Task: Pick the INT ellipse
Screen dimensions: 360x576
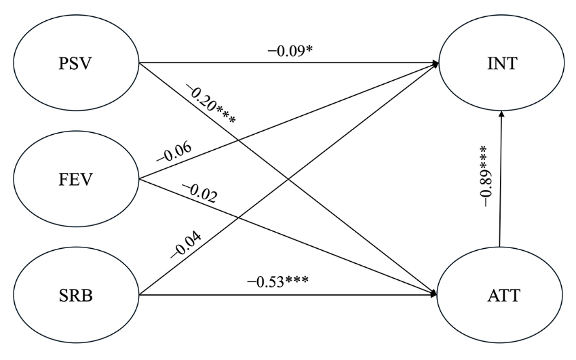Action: point(501,65)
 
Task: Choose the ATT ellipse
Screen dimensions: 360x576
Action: point(501,295)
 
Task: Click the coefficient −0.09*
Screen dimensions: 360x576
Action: point(290,51)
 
